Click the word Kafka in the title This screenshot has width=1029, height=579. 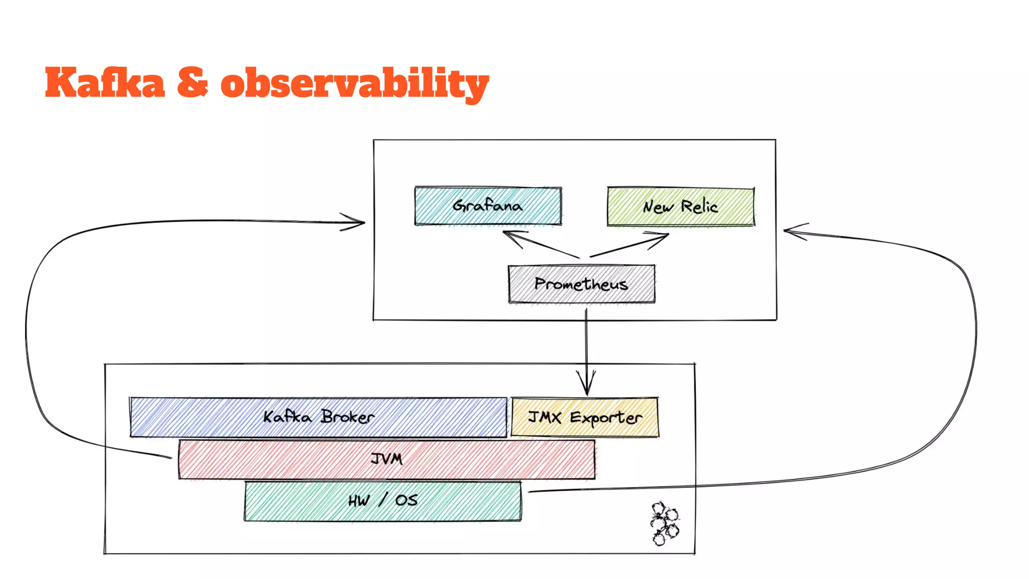coord(105,83)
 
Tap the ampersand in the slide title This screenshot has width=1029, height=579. coord(192,83)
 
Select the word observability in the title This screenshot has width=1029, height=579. coord(354,84)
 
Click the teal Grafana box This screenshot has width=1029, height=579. coord(487,206)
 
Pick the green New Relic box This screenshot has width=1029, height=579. coord(680,207)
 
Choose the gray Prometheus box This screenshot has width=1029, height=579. coord(581,284)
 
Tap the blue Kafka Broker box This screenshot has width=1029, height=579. coord(318,417)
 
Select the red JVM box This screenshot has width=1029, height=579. coord(386,459)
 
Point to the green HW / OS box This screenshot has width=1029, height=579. coord(382,501)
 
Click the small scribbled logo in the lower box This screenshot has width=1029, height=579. coord(664,523)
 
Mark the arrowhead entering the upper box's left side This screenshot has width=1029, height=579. coord(359,222)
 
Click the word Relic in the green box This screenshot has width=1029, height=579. coord(699,207)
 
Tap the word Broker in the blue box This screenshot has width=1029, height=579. coord(348,417)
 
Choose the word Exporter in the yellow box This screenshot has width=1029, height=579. coord(606,418)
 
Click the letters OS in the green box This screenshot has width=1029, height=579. coord(406,501)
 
